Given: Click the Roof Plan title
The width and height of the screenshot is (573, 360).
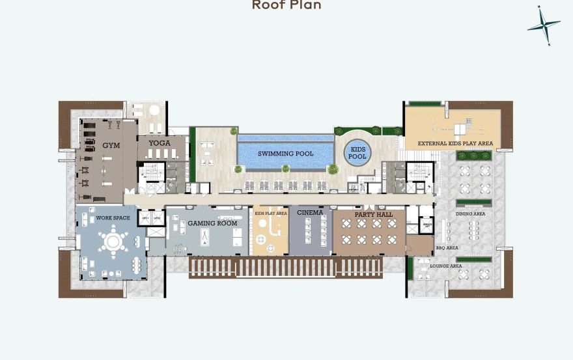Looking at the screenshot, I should [x=286, y=5].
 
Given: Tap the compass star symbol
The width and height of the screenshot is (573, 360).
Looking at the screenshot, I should [x=544, y=25].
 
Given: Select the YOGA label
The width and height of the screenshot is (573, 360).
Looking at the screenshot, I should [x=160, y=143].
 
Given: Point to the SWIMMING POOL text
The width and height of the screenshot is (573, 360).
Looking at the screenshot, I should [x=285, y=154].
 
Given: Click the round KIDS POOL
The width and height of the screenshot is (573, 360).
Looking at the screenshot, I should [x=357, y=152].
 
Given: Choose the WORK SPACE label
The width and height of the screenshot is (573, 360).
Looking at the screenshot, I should [x=113, y=217].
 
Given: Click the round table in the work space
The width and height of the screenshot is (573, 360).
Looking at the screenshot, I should [x=113, y=242].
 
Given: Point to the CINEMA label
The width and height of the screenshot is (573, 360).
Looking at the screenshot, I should [x=310, y=212].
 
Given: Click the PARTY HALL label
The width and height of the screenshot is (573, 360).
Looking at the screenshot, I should [x=374, y=214].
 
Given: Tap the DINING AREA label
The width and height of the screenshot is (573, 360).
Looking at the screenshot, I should [x=470, y=214].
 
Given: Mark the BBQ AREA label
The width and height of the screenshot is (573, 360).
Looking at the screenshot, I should [x=447, y=248].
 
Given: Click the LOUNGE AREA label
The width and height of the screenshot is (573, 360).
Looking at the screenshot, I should [x=446, y=266].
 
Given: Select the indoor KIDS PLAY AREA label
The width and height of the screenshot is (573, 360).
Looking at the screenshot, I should [x=270, y=214].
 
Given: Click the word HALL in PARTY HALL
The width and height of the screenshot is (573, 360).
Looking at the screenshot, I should [x=384, y=214].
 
